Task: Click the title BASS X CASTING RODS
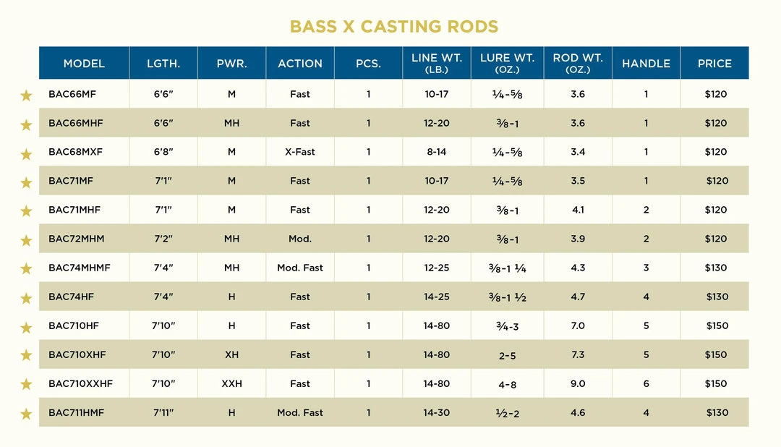click(393, 27)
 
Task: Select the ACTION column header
click(300, 64)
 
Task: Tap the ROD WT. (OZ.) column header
click(577, 64)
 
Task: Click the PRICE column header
click(714, 64)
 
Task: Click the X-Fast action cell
click(300, 152)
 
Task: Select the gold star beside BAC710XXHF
click(26, 384)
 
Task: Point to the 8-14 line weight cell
click(437, 152)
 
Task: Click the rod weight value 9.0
click(578, 383)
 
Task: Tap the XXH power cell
click(231, 383)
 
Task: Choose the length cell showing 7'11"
click(163, 412)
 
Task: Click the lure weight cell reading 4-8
click(507, 384)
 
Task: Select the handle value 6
click(646, 383)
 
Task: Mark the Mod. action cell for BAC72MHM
click(300, 239)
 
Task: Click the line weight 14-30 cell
click(437, 412)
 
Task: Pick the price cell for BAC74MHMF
click(716, 268)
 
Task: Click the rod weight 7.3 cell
click(578, 354)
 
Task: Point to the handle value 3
click(646, 268)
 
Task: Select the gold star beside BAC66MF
click(26, 95)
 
